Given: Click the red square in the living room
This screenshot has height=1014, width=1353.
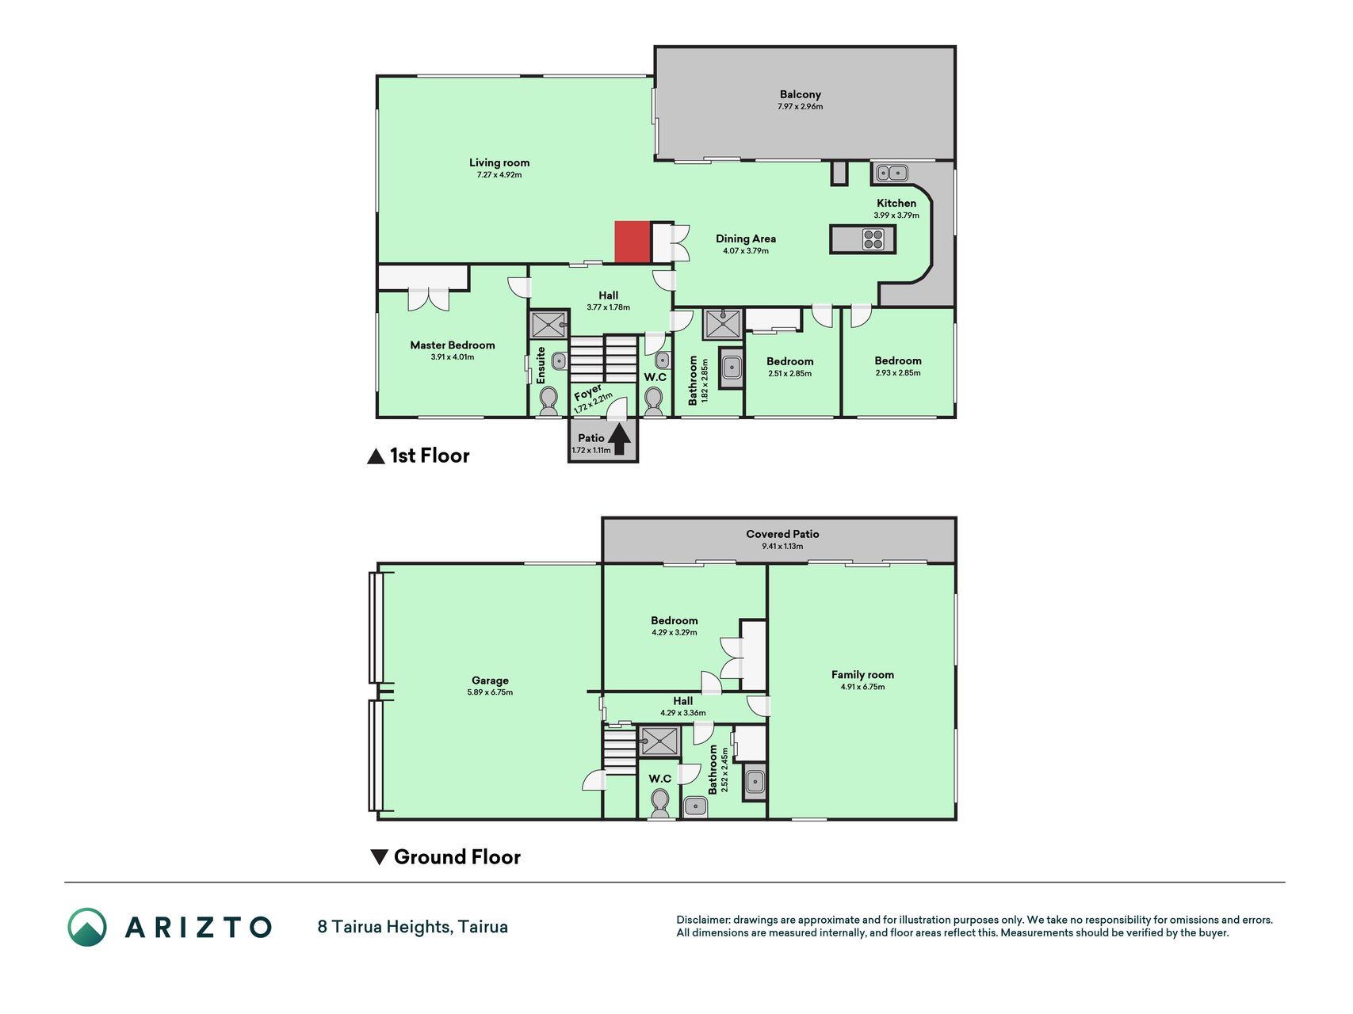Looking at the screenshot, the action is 633,242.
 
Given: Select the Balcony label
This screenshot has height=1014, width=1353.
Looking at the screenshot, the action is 800,94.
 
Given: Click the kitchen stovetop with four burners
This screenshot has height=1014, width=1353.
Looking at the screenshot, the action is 873,239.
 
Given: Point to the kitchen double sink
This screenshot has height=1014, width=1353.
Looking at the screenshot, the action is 892,172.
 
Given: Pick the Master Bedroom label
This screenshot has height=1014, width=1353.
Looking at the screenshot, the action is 452,345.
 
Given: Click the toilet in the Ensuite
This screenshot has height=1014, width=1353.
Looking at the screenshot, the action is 548,402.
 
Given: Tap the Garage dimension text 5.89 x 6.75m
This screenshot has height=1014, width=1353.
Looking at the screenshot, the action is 490,692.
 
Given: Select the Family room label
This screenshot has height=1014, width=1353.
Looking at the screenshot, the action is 862,675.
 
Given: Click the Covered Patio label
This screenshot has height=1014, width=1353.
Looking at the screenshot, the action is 782,534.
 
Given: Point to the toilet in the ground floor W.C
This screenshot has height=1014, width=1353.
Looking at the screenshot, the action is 659,804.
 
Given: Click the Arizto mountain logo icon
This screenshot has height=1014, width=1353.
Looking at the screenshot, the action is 87,927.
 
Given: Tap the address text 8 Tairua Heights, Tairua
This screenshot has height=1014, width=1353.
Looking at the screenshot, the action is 412,927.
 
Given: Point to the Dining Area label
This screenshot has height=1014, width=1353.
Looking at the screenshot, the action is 746,238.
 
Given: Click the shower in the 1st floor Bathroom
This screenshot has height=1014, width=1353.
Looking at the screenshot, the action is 723,324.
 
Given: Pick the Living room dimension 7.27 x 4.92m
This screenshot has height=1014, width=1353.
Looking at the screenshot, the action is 499,175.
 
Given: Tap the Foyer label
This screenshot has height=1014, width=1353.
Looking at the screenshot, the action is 588,393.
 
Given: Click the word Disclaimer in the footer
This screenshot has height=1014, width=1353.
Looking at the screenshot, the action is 703,921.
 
